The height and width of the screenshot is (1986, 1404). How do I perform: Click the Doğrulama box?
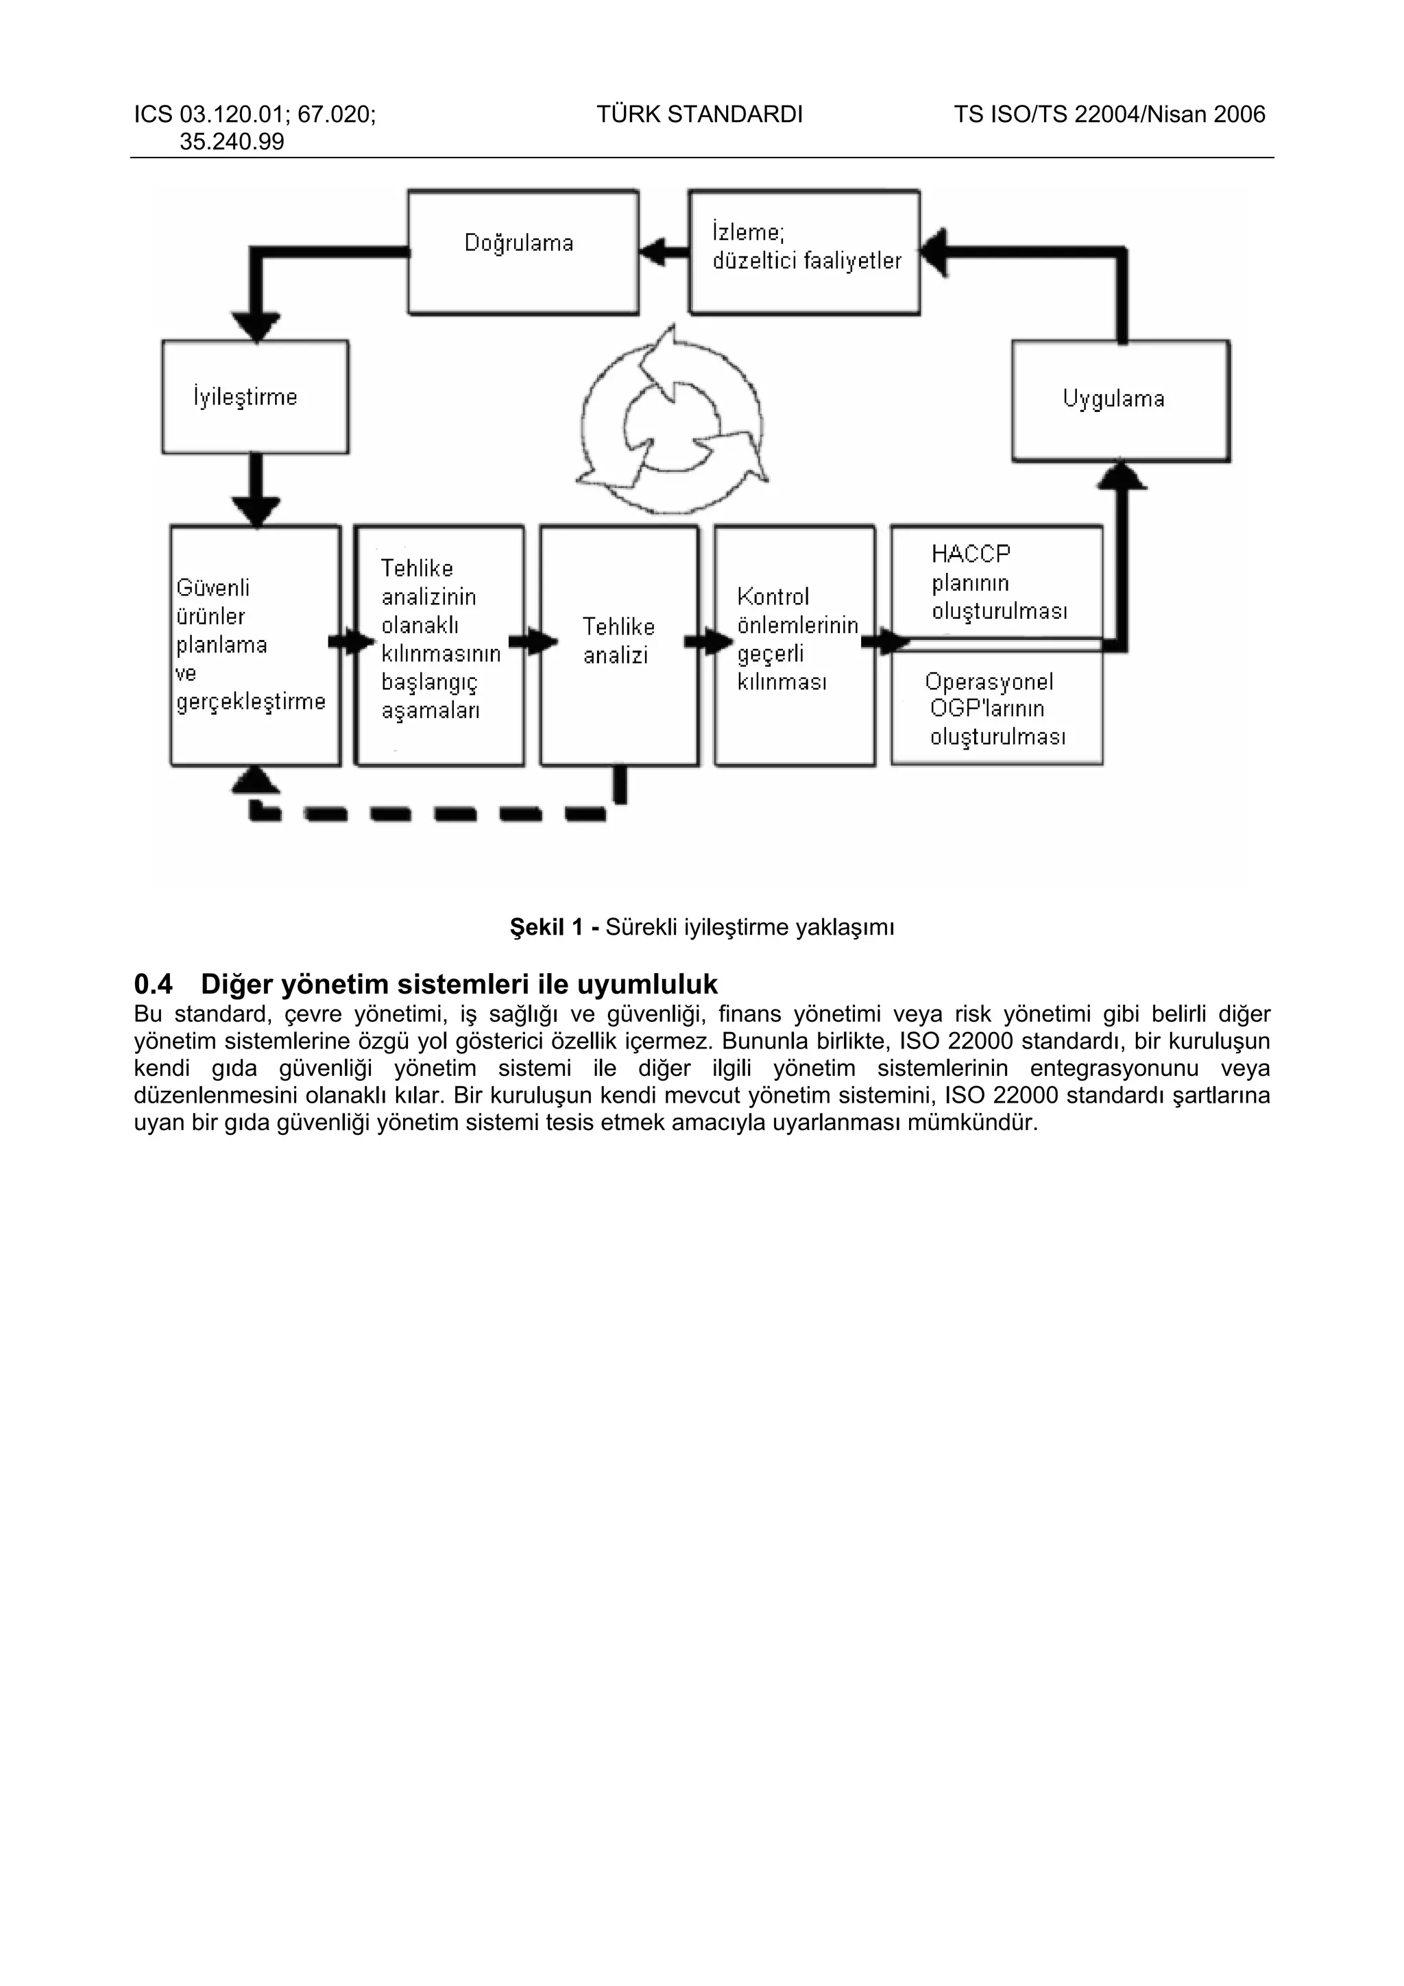[x=522, y=252]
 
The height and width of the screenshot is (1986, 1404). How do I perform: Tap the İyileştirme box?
[x=255, y=397]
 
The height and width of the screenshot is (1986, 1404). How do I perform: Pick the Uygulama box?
[x=1120, y=400]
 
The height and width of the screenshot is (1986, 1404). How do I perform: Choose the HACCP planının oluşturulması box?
[x=997, y=582]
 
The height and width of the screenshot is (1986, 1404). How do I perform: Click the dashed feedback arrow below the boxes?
[x=433, y=812]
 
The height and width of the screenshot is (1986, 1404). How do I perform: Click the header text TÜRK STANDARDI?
[x=699, y=114]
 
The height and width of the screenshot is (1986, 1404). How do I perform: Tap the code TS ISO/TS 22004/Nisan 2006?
[x=1109, y=114]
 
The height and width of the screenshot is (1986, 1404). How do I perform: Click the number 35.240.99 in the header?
[x=231, y=142]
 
